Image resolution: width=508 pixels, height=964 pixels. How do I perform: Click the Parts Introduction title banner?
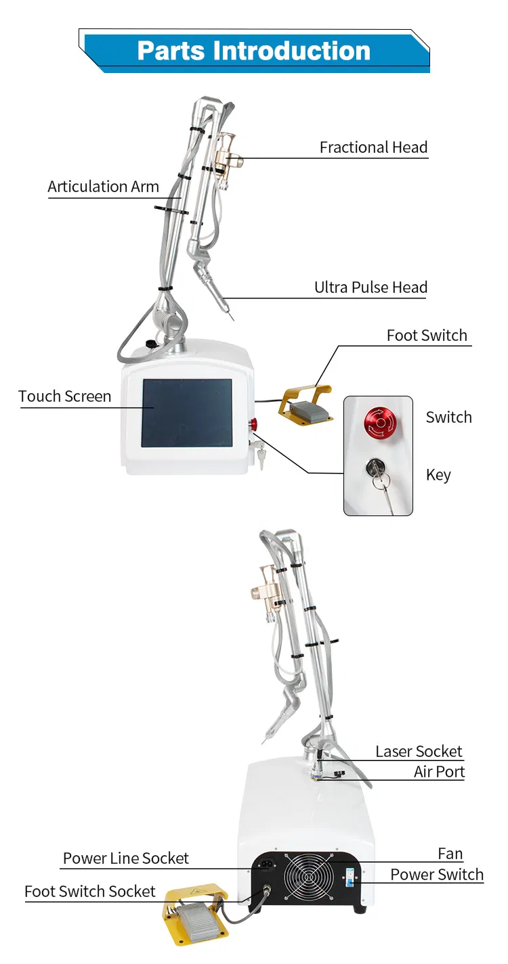(x=254, y=51)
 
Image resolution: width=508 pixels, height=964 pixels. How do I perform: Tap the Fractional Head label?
(x=373, y=147)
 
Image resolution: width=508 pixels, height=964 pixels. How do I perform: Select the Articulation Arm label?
(x=104, y=187)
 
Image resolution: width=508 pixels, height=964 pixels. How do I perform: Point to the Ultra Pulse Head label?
(x=371, y=287)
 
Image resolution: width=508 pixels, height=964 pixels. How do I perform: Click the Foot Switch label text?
(x=427, y=336)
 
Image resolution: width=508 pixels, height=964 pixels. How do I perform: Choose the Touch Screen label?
(x=64, y=396)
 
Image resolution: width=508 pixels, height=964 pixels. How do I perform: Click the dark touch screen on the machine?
(x=187, y=413)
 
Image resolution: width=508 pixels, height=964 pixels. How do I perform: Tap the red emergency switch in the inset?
(x=380, y=422)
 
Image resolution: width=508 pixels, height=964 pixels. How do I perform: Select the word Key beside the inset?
(x=438, y=475)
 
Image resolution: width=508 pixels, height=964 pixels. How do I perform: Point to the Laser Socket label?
(x=419, y=751)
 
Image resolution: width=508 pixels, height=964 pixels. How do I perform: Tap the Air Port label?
(x=439, y=772)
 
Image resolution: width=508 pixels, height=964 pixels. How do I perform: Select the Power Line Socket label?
(x=126, y=858)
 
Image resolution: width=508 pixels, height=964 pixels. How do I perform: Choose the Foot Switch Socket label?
(x=89, y=891)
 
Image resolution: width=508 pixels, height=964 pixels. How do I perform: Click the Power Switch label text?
(x=437, y=875)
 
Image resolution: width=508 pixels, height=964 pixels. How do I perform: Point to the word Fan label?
(x=450, y=854)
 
